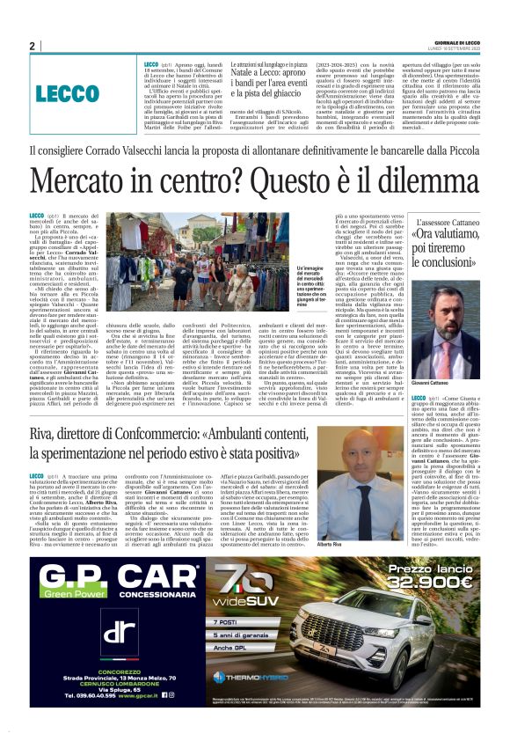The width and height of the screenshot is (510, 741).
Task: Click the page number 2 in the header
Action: tap(32, 46)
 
